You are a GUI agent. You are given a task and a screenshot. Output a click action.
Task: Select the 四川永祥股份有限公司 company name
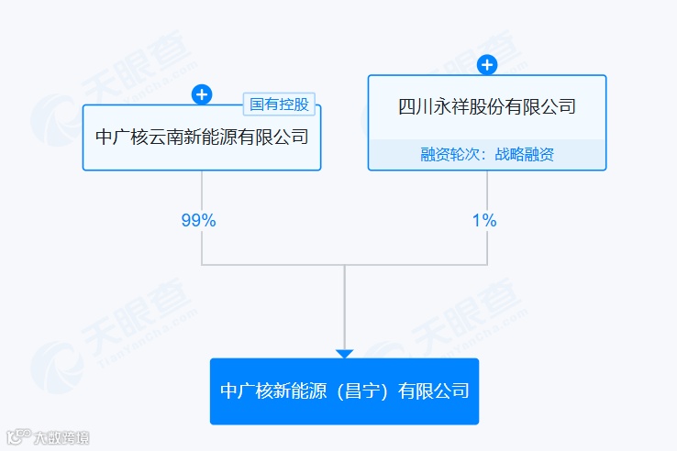487,106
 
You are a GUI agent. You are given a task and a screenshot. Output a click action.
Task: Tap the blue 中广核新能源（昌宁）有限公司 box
344,391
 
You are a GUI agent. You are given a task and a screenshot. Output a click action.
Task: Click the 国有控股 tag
279,104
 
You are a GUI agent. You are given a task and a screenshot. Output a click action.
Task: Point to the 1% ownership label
484,220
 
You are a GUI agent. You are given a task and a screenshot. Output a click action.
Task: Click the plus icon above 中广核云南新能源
202,93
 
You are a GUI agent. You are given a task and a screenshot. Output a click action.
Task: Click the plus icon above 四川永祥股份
487,64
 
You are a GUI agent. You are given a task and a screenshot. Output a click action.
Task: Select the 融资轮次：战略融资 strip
487,155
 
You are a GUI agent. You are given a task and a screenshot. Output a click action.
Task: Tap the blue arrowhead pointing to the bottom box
344,354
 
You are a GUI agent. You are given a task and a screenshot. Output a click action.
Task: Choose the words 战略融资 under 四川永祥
526,155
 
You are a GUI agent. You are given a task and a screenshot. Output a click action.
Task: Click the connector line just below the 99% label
202,246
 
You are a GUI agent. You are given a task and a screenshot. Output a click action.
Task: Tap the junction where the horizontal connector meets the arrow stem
344,265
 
